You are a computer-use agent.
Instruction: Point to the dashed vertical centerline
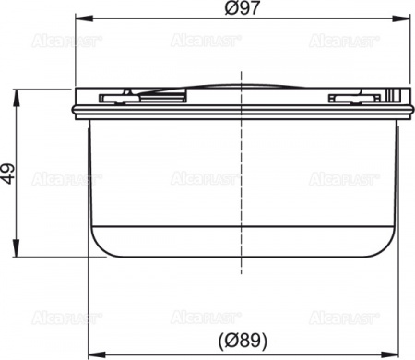coord(242,185)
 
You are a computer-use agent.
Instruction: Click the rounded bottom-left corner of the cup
coord(98,246)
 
